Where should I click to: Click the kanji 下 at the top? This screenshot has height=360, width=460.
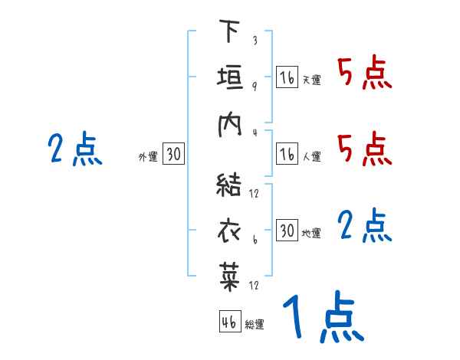229,31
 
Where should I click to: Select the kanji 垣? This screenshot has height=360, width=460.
229,79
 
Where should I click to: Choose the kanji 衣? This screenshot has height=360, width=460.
229,231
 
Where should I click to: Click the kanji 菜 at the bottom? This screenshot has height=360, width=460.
229,277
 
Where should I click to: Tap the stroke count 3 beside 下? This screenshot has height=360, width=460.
254,41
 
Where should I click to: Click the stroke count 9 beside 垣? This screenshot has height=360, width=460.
254,87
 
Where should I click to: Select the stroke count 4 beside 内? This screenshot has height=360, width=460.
254,132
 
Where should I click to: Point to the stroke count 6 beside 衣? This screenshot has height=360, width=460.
254,239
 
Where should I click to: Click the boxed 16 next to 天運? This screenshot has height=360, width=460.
287,77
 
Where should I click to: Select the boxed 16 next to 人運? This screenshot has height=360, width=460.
287,155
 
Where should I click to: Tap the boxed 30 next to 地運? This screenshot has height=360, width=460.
287,231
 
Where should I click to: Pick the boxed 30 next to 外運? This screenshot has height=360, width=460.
173,155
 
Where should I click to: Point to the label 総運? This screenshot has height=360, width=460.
255,325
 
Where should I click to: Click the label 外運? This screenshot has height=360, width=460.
148,157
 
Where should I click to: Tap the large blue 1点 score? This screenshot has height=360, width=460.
322,318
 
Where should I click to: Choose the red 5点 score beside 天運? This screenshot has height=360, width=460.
365,75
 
